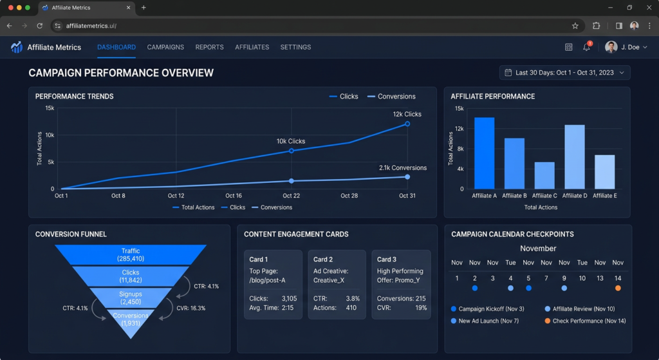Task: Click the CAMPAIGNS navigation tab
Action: (165, 47)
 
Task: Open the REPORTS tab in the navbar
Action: (209, 47)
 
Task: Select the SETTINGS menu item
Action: (295, 47)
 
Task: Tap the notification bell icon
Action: (586, 47)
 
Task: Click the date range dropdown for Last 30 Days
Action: (564, 73)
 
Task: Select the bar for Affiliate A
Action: (484, 153)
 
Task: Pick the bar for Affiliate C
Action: (544, 175)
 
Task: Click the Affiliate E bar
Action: (605, 172)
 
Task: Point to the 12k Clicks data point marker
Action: (407, 124)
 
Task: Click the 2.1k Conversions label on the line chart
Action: (403, 168)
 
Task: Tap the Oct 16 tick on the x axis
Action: (233, 196)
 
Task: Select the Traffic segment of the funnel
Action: (131, 254)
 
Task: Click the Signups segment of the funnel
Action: (131, 298)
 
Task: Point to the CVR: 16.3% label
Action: (190, 308)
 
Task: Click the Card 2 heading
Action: (323, 260)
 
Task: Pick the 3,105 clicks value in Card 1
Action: (289, 299)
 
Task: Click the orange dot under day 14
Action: (618, 288)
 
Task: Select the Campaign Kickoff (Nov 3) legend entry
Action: (488, 308)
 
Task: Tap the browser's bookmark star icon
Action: (575, 26)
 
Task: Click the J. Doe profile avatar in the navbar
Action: (611, 47)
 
